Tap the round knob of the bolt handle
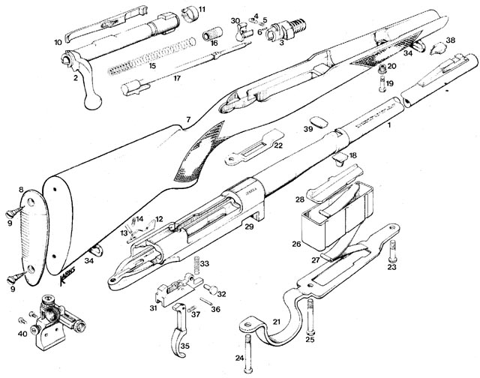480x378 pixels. (x=94, y=101)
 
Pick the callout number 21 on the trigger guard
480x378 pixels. (x=275, y=322)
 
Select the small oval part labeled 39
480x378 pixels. (x=317, y=121)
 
